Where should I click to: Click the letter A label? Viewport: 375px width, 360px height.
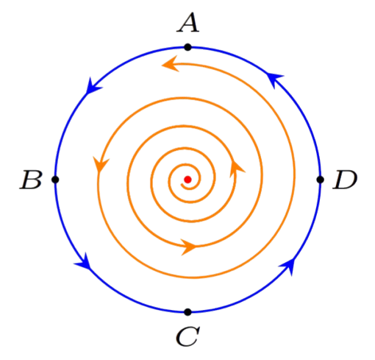click(188, 23)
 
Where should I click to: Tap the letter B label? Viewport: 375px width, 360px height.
click(31, 180)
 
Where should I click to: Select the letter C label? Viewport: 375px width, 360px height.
click(187, 336)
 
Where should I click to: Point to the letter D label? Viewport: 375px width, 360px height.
click(345, 180)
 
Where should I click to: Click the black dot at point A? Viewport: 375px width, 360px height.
click(187, 47)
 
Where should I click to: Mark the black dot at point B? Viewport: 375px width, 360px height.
click(55, 180)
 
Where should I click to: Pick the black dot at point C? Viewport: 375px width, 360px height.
click(187, 312)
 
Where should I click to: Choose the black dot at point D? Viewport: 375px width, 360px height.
click(320, 180)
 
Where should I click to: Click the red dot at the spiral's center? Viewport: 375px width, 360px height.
click(187, 180)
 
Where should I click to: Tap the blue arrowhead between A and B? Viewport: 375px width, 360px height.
click(92, 86)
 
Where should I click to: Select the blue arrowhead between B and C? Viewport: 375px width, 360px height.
click(84, 262)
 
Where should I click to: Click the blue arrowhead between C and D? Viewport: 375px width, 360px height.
click(287, 266)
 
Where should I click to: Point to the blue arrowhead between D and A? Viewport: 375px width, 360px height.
click(275, 79)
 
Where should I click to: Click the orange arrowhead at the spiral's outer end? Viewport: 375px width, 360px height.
click(171, 64)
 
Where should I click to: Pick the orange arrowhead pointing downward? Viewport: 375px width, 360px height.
click(100, 165)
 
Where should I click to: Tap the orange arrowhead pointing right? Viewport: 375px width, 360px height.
click(188, 247)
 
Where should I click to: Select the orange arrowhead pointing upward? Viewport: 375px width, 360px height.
click(236, 169)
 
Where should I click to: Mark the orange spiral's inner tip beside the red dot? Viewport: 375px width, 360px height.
click(182, 185)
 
